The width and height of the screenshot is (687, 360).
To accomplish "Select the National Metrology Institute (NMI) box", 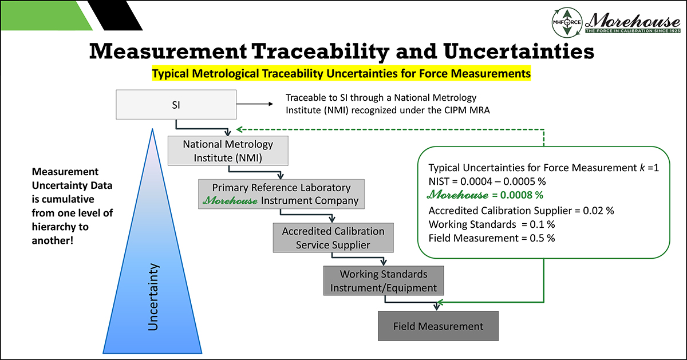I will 228,150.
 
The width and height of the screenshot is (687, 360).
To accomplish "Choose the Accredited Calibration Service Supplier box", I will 333,238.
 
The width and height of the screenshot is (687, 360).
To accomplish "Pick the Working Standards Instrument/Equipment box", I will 384,280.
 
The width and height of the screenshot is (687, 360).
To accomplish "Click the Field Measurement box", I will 438,326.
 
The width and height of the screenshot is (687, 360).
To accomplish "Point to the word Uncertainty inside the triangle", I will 153,298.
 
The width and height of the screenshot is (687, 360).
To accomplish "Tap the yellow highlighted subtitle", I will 341,74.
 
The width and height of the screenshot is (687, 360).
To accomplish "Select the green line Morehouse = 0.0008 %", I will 485,195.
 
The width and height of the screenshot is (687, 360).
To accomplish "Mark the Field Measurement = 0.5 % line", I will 491,238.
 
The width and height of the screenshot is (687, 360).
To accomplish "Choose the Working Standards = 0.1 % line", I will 491,224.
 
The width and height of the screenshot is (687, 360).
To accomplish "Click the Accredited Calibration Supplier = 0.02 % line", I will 521,210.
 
